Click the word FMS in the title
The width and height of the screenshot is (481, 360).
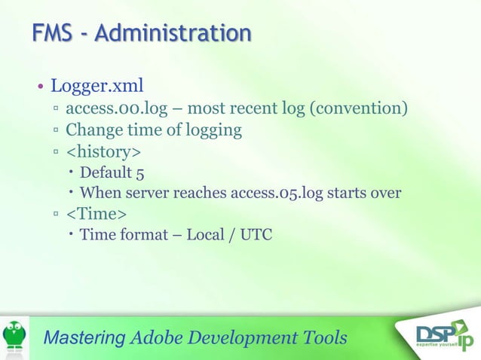(x=53, y=34)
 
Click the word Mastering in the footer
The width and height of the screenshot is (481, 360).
(x=84, y=337)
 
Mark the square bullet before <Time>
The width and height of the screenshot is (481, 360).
(x=57, y=215)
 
